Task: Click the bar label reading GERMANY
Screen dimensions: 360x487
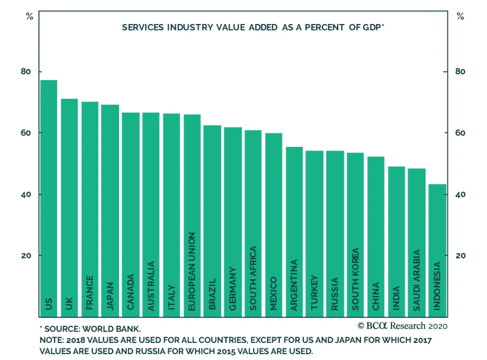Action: pyautogui.click(x=233, y=289)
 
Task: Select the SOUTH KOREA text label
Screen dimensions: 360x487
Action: pyautogui.click(x=356, y=279)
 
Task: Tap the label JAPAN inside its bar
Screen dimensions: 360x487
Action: pyautogui.click(x=110, y=296)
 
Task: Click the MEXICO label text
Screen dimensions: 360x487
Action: pyautogui.click(x=274, y=293)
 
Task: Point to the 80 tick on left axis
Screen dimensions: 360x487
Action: pyautogui.click(x=26, y=72)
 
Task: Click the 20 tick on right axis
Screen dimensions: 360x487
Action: pyautogui.click(x=461, y=256)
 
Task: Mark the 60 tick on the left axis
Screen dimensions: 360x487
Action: pyautogui.click(x=26, y=133)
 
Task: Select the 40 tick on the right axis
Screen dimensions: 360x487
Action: pyautogui.click(x=461, y=194)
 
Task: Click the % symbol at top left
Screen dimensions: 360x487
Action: pyautogui.click(x=30, y=16)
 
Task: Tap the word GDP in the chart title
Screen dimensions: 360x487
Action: pyautogui.click(x=372, y=27)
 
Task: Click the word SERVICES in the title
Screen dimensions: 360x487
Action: pyautogui.click(x=143, y=27)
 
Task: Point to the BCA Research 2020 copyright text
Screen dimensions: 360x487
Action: pyautogui.click(x=402, y=326)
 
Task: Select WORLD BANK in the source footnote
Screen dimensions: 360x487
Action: pyautogui.click(x=111, y=329)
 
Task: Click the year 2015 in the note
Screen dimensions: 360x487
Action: pyautogui.click(x=226, y=351)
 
